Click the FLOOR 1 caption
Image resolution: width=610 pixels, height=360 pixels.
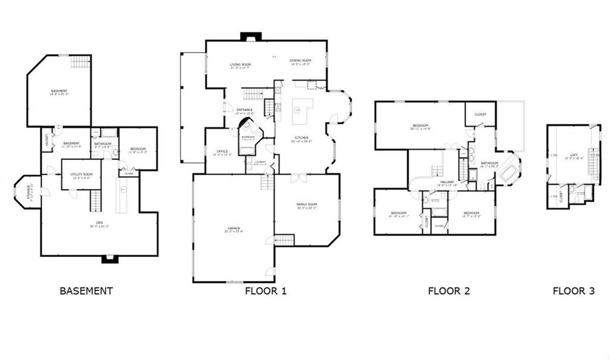point(266,291)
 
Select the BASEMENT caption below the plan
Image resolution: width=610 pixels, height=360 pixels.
point(86,291)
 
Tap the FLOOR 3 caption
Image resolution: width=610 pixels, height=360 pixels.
point(573,291)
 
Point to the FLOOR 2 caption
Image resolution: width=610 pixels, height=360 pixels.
point(449,291)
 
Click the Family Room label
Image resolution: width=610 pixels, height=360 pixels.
point(307,206)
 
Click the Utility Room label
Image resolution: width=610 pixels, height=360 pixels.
point(81,175)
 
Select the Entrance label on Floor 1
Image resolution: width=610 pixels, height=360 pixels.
point(244,110)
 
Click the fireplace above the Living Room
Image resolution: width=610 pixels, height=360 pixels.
point(249,37)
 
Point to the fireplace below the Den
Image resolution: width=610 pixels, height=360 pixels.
point(108,259)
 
